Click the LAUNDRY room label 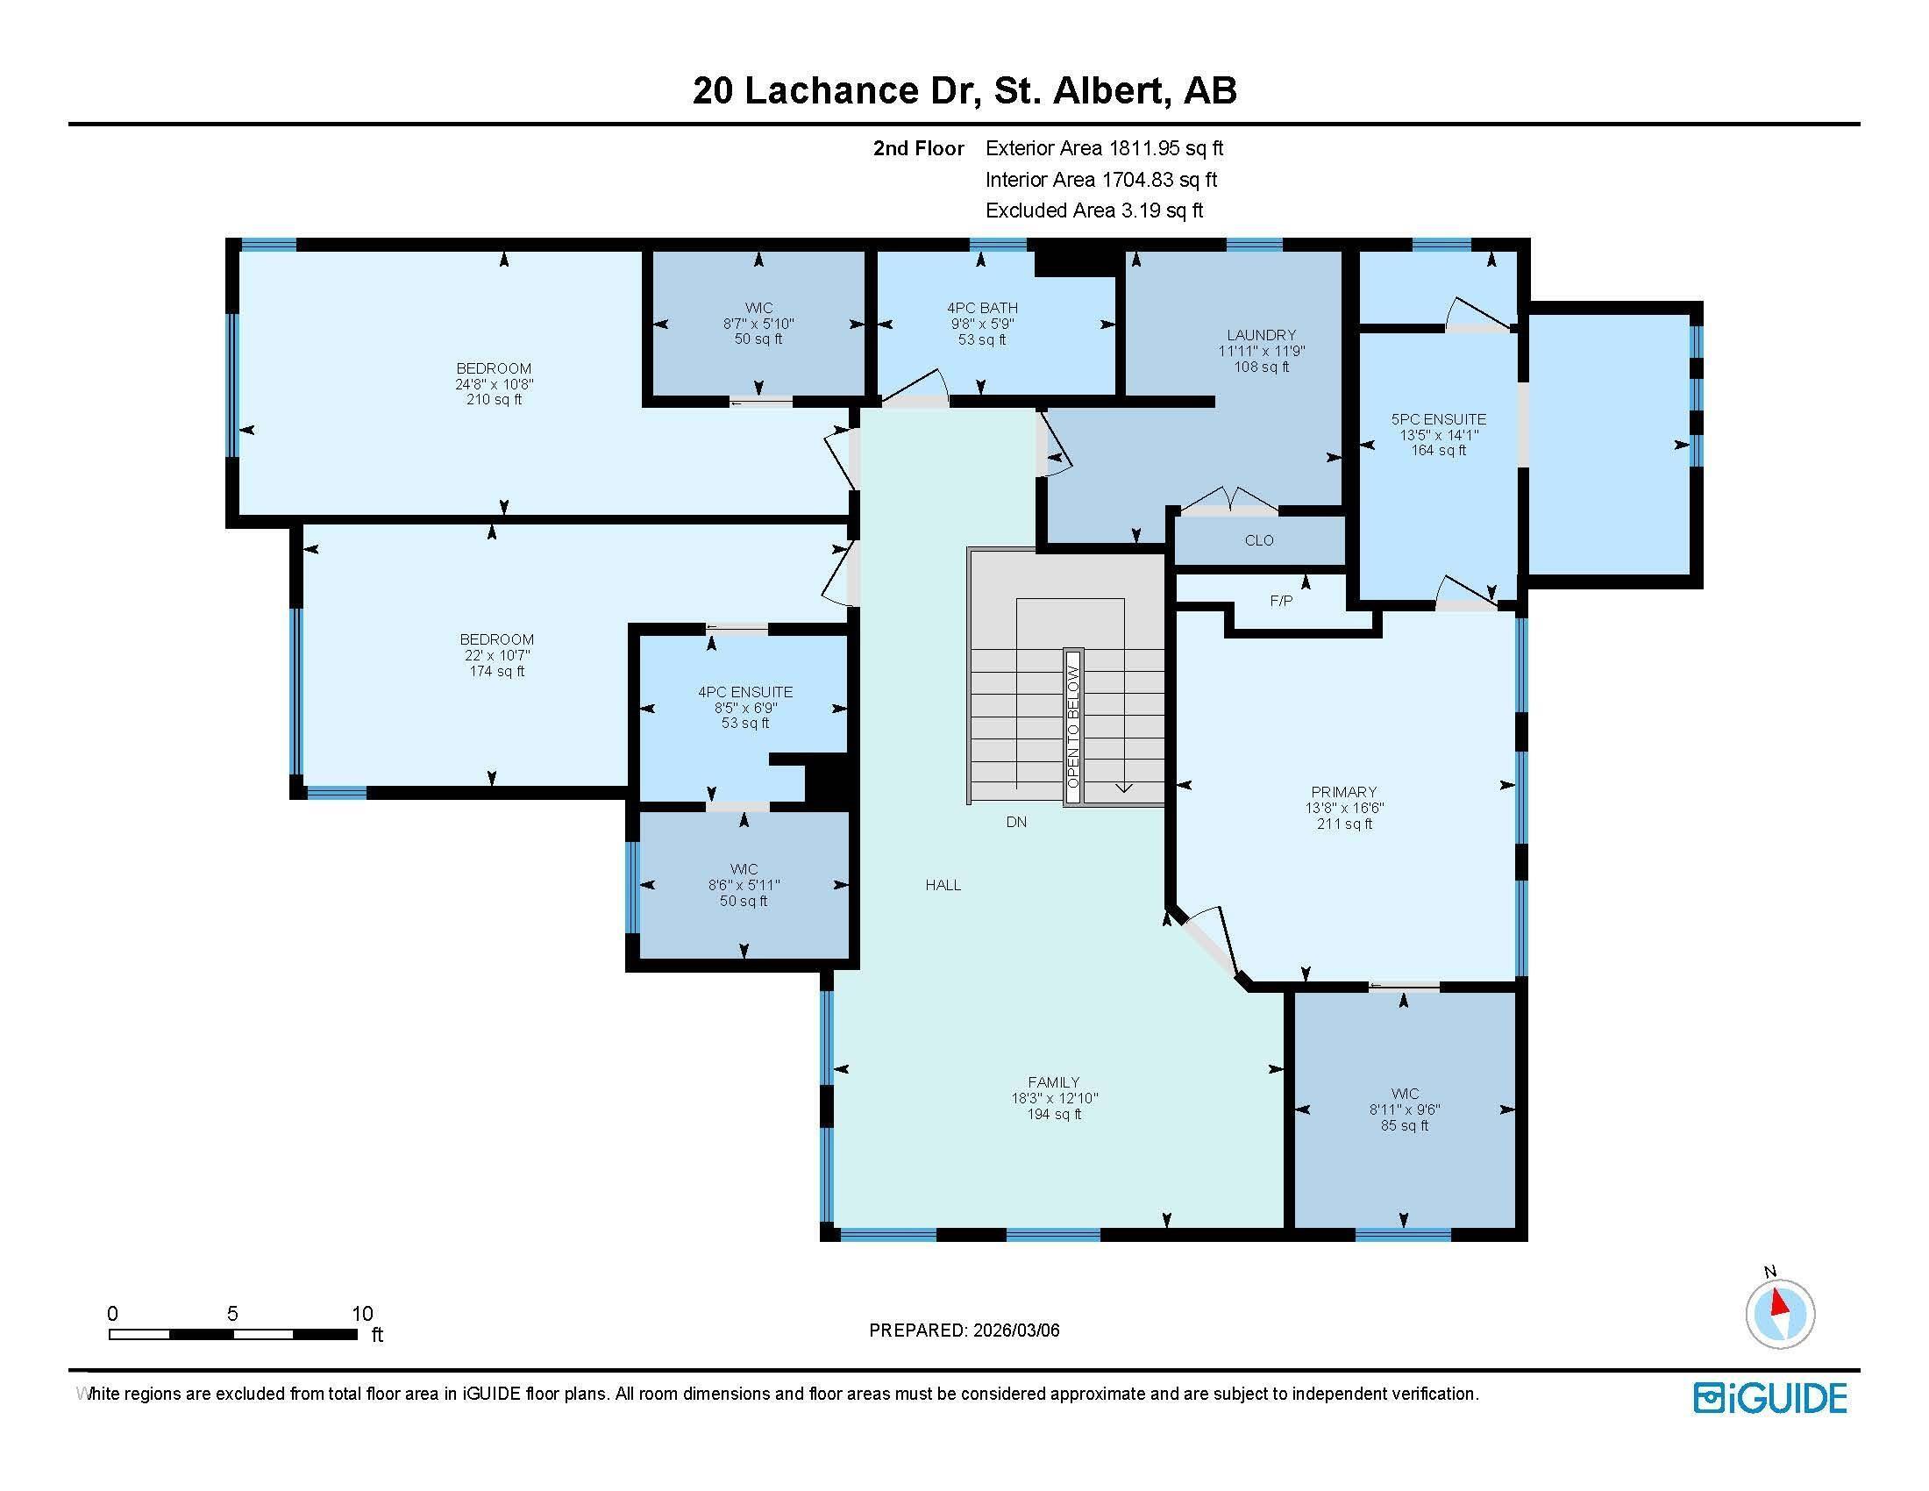(x=1260, y=335)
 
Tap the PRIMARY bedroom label (x=1343, y=791)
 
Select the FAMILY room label (x=1053, y=1081)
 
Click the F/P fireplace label (x=1281, y=601)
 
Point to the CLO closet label (x=1258, y=539)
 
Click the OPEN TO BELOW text (x=1072, y=726)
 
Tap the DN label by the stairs (x=1015, y=822)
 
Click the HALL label (x=943, y=884)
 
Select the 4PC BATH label (x=982, y=307)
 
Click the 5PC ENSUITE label (x=1438, y=419)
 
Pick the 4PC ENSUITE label (x=744, y=692)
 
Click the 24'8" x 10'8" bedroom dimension (x=494, y=384)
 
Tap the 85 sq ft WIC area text (x=1405, y=1125)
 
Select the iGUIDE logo (x=1770, y=1398)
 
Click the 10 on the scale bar (x=362, y=1314)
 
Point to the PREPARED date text (x=964, y=1330)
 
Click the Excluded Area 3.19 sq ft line (x=1093, y=210)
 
